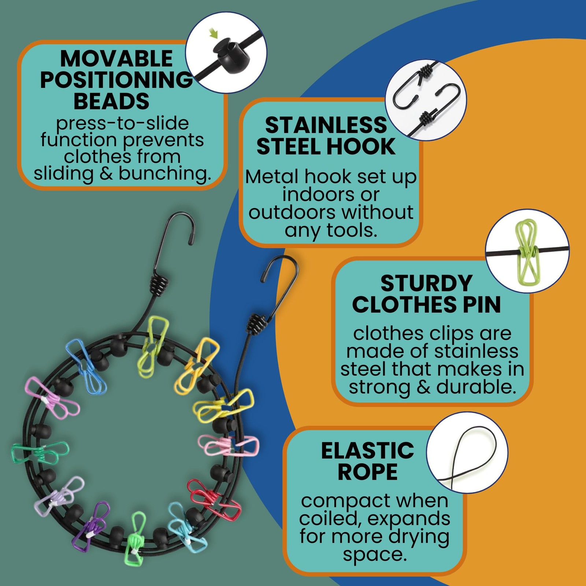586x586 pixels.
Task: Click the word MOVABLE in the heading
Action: [116, 59]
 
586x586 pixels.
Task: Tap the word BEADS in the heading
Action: [111, 101]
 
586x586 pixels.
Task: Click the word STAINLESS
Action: [326, 125]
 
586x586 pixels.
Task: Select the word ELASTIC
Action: [368, 450]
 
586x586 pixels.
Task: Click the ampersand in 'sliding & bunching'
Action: [106, 174]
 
